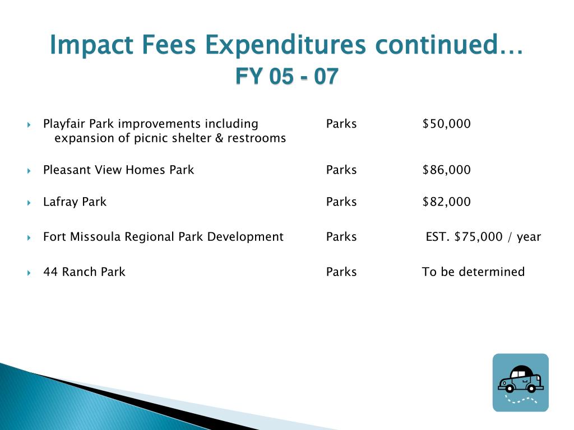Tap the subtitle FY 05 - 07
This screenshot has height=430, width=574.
[x=286, y=76]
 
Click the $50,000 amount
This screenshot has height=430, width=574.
[x=446, y=124]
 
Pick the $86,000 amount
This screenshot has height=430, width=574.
[x=446, y=170]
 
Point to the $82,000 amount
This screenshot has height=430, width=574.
[x=446, y=202]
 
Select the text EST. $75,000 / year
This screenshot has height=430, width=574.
[x=483, y=237]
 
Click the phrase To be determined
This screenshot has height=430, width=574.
[x=473, y=272]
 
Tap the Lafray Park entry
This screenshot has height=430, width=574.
[x=75, y=202]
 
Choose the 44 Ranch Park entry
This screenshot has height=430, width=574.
[x=84, y=272]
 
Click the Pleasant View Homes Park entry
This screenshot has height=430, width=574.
[x=118, y=170]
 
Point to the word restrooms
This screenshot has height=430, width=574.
[x=260, y=138]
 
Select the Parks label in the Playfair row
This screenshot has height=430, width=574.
[x=341, y=124]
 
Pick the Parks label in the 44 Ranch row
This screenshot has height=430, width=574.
[x=341, y=272]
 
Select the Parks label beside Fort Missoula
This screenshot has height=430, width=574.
[x=341, y=237]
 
